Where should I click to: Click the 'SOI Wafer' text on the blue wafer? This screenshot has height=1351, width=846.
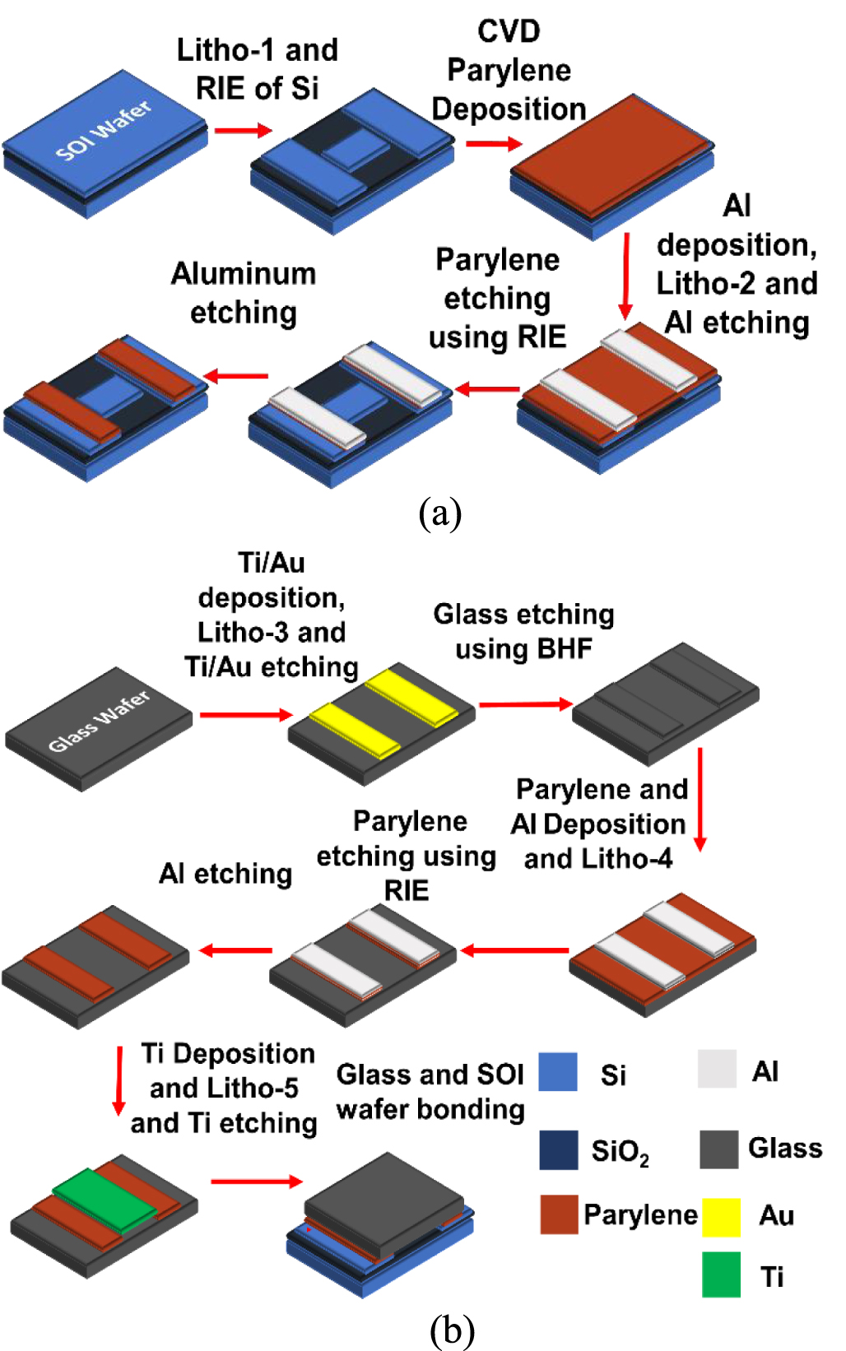point(104,130)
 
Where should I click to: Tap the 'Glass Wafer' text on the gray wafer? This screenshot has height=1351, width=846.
point(99,721)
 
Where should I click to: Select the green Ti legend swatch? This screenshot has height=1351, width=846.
point(721,1274)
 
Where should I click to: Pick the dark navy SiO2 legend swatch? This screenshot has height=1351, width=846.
point(559,1149)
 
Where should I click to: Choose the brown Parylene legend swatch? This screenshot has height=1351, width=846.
point(559,1214)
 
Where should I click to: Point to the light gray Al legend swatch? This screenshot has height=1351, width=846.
point(717,1070)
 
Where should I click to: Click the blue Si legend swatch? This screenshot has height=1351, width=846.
point(558,1071)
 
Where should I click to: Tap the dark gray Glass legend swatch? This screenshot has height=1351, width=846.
point(718,1149)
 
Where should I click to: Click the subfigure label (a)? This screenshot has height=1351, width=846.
point(440,513)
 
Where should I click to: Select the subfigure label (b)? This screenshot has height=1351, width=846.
point(452,1330)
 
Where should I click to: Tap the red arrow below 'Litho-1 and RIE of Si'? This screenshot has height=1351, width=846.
point(243,130)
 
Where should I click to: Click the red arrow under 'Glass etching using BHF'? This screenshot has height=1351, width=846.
point(525,704)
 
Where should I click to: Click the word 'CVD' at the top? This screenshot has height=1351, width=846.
point(509,31)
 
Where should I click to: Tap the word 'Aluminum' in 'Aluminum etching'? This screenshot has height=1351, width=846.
point(244,273)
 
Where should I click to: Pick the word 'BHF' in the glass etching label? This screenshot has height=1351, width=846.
point(565,648)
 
